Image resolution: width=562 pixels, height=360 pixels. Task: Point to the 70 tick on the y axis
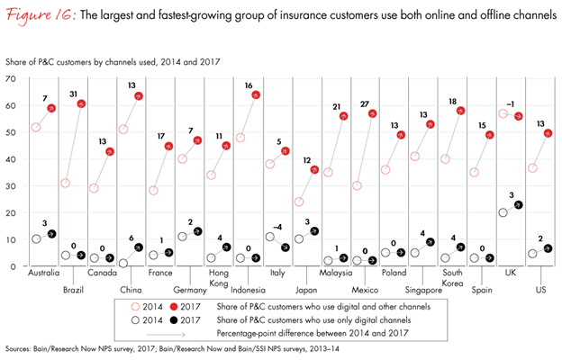(11, 79)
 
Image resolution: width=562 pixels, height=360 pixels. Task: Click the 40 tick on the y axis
(11, 159)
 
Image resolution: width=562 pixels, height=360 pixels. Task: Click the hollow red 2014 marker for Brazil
(66, 184)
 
